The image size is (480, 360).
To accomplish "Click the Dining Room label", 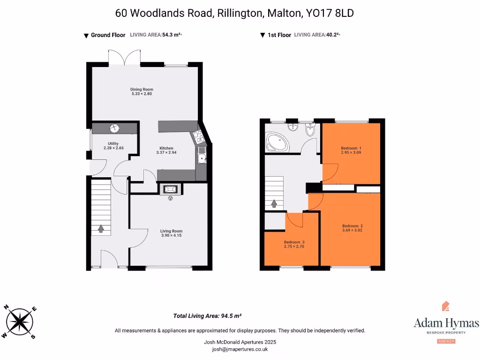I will click(x=142, y=92).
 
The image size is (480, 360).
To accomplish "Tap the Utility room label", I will click(x=113, y=146).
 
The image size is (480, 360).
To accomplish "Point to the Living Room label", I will click(x=171, y=233).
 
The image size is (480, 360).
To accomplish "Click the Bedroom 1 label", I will click(x=351, y=150).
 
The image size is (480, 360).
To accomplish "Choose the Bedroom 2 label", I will click(x=352, y=228).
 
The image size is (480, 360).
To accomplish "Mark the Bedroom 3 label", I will click(x=294, y=244).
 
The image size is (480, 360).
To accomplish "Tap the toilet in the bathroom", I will click(x=310, y=131).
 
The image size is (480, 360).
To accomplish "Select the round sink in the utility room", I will click(x=114, y=128).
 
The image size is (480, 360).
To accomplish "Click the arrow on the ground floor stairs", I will click(x=101, y=228).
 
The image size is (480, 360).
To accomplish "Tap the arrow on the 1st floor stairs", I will click(x=274, y=204).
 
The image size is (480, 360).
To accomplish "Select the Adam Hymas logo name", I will click(x=446, y=323).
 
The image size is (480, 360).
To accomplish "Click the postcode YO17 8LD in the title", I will click(x=330, y=13).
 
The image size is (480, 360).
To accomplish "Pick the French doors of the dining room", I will click(x=124, y=58).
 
